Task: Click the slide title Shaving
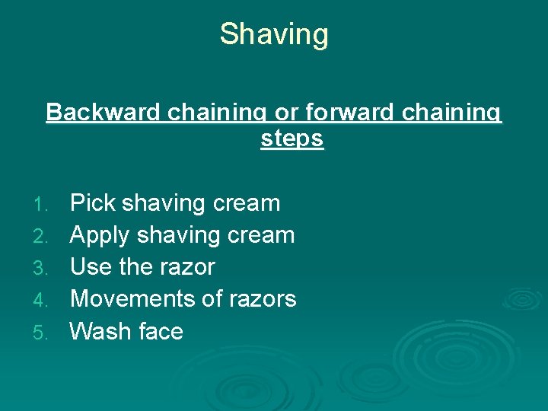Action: pos(274,34)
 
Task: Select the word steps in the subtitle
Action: pos(292,139)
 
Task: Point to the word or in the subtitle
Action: pos(286,113)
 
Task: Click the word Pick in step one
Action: pos(92,203)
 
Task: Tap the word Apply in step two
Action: pos(100,235)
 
